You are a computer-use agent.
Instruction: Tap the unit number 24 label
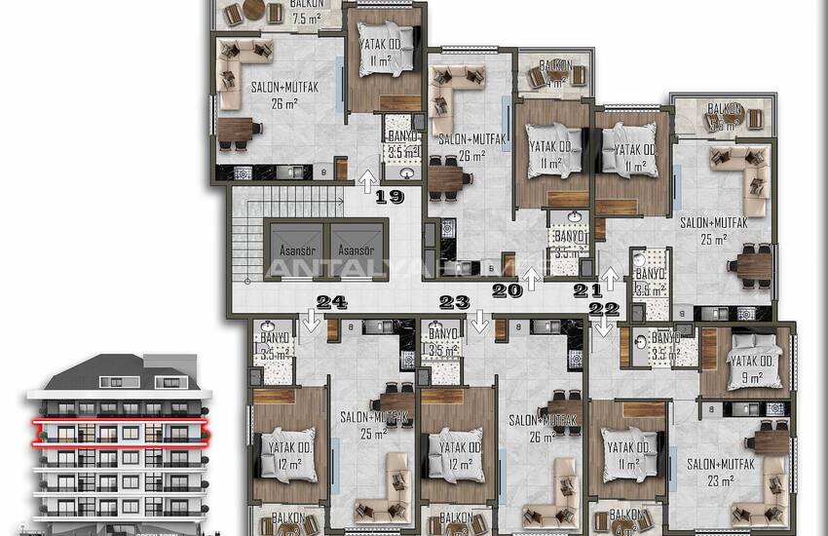pyautogui.click(x=332, y=302)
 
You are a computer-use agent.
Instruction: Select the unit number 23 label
pyautogui.click(x=455, y=302)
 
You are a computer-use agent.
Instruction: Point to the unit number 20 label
pyautogui.click(x=507, y=289)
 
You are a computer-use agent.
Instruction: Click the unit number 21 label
pyautogui.click(x=587, y=289)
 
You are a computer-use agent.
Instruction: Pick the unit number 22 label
pyautogui.click(x=604, y=309)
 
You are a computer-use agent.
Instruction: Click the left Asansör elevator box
pyautogui.click(x=295, y=250)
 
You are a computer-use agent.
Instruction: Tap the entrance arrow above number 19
pyautogui.click(x=367, y=179)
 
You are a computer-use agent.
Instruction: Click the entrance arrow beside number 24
pyautogui.click(x=311, y=322)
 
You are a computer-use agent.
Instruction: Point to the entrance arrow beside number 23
pyautogui.click(x=478, y=322)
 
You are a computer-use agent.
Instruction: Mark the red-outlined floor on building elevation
pyautogui.click(x=118, y=430)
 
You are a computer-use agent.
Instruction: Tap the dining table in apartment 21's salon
pyautogui.click(x=752, y=265)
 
